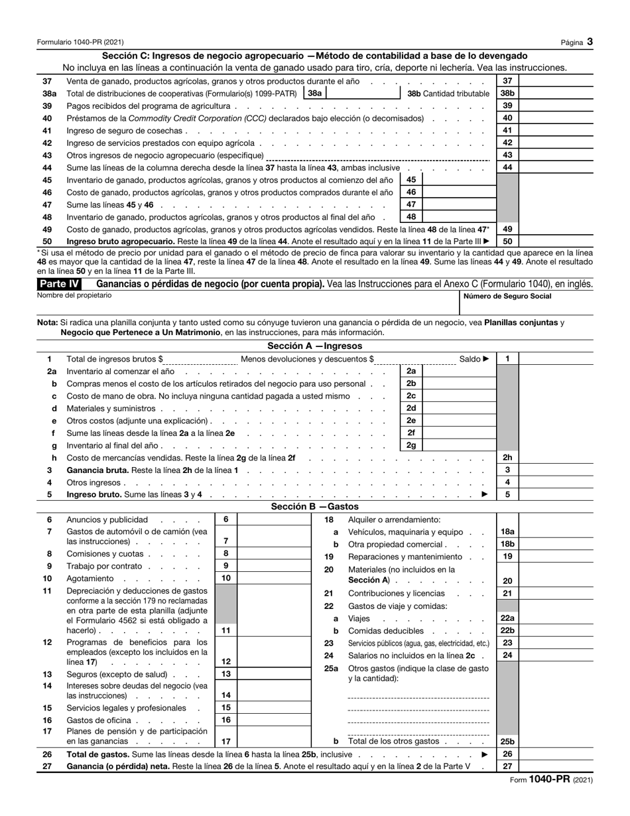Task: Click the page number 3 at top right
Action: [x=590, y=41]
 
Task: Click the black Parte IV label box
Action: [x=60, y=284]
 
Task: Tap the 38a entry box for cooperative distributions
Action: [x=363, y=94]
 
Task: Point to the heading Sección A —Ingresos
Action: [x=315, y=346]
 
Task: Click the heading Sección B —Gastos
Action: [x=315, y=506]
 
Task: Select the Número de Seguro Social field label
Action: [x=507, y=296]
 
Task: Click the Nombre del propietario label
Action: [x=75, y=295]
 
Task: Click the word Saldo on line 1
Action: [x=470, y=359]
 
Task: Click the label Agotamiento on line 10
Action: [x=90, y=578]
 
